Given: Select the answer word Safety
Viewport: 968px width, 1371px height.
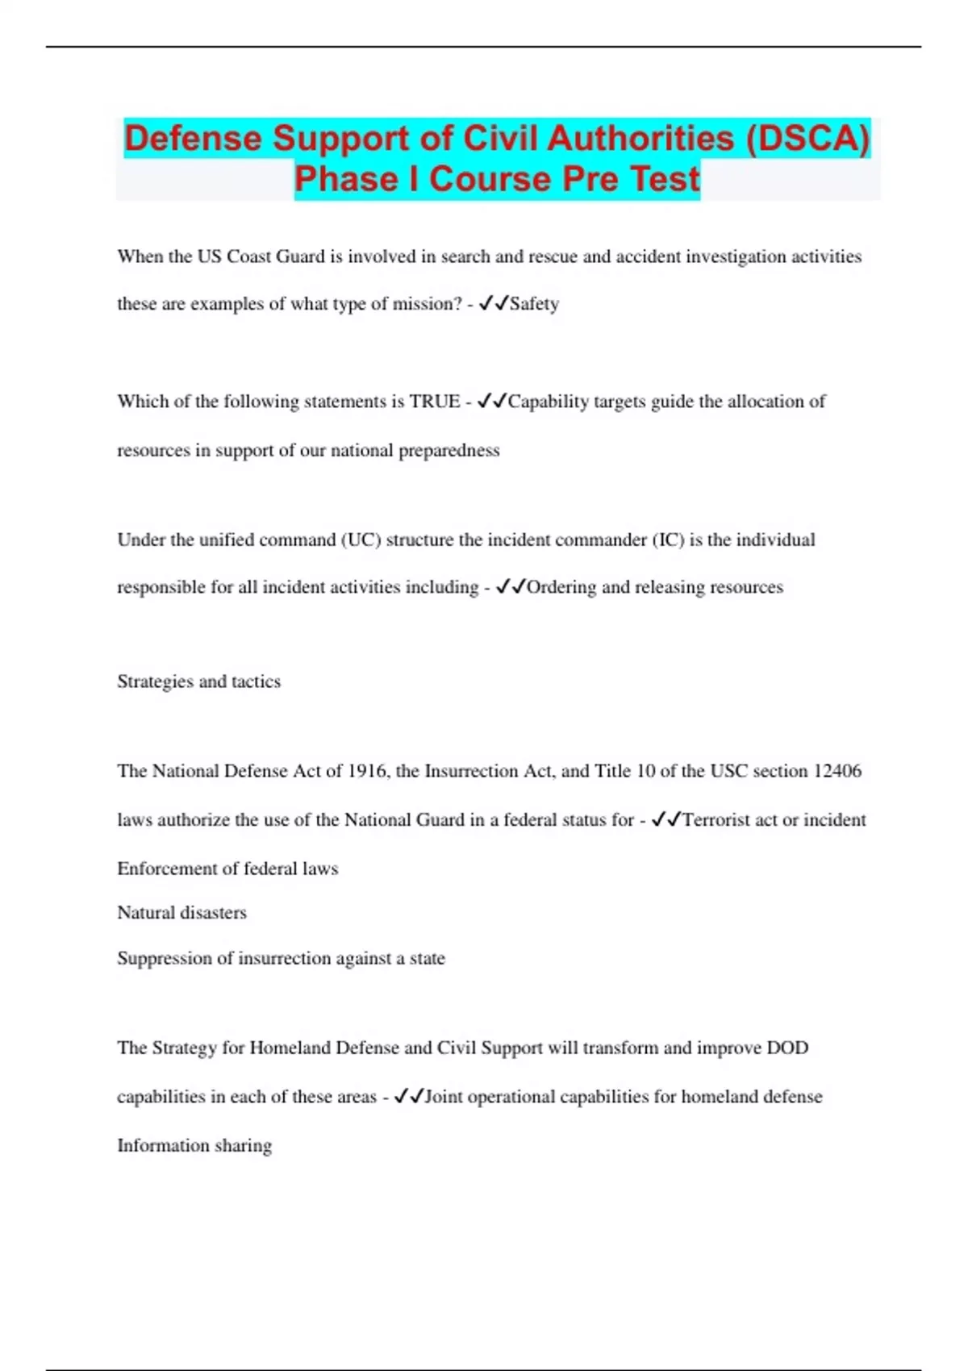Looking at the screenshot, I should [534, 304].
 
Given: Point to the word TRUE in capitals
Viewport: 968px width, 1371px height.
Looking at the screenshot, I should [435, 402].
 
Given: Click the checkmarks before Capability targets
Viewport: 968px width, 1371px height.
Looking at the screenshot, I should [491, 401].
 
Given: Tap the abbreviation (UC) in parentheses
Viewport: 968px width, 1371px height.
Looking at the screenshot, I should [361, 540].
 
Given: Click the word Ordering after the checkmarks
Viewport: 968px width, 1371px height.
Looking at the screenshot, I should [561, 587].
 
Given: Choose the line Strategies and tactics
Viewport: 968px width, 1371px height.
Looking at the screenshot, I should [199, 681].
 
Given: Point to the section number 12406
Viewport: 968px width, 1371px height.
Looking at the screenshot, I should [837, 771].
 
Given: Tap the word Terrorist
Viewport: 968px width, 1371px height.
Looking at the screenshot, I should [716, 820].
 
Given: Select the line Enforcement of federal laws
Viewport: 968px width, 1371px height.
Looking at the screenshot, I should [227, 869].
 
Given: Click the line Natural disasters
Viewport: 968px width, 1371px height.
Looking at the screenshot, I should [181, 913].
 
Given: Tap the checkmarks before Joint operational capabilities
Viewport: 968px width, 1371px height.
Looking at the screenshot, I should [408, 1097].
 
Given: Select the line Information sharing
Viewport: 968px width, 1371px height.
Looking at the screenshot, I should [194, 1145].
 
